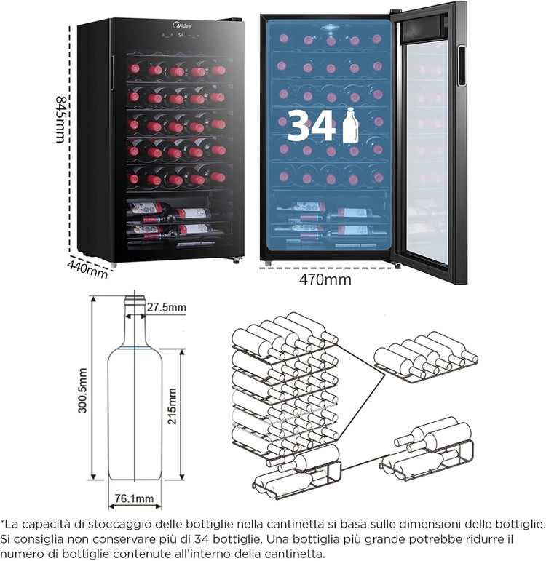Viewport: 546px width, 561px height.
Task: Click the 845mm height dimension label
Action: click(61, 119)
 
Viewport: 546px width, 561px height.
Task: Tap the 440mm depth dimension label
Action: click(87, 269)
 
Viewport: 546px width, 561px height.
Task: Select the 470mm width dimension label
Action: click(325, 279)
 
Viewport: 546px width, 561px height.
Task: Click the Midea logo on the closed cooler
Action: click(182, 25)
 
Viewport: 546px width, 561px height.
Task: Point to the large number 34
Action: click(311, 126)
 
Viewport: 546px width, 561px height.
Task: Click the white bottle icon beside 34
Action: click(350, 125)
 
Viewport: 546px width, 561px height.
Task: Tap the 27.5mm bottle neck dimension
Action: click(167, 307)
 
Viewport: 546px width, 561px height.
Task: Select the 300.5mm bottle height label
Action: click(83, 390)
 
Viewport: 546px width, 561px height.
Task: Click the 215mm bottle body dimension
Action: click(173, 406)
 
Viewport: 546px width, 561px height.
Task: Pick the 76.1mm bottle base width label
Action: click(134, 498)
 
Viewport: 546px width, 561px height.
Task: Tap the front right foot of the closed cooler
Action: click(236, 260)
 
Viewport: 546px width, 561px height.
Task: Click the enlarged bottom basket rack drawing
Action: click(427, 449)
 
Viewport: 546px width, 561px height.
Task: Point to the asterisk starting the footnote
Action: click(2, 522)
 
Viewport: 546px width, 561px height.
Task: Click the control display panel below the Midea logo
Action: click(181, 36)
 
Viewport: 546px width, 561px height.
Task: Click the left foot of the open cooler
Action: click(268, 263)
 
